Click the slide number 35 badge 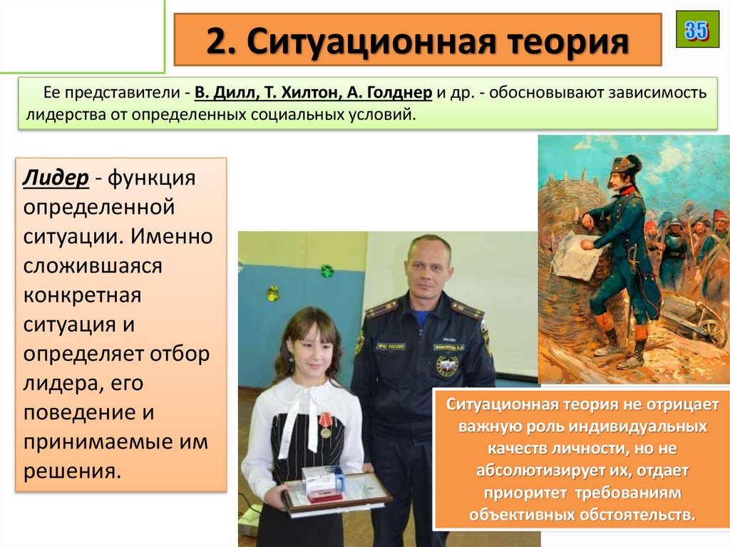click(x=697, y=30)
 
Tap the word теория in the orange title click(x=570, y=41)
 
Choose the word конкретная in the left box click(x=82, y=295)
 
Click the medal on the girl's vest click(x=325, y=425)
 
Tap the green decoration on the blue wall click(x=327, y=271)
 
